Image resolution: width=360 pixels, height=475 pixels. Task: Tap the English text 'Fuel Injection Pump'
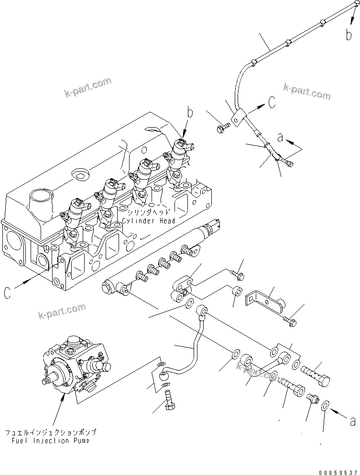[50, 441]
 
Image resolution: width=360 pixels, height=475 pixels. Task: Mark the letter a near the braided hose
[280, 138]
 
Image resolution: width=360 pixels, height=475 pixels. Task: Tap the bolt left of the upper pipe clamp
[223, 127]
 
